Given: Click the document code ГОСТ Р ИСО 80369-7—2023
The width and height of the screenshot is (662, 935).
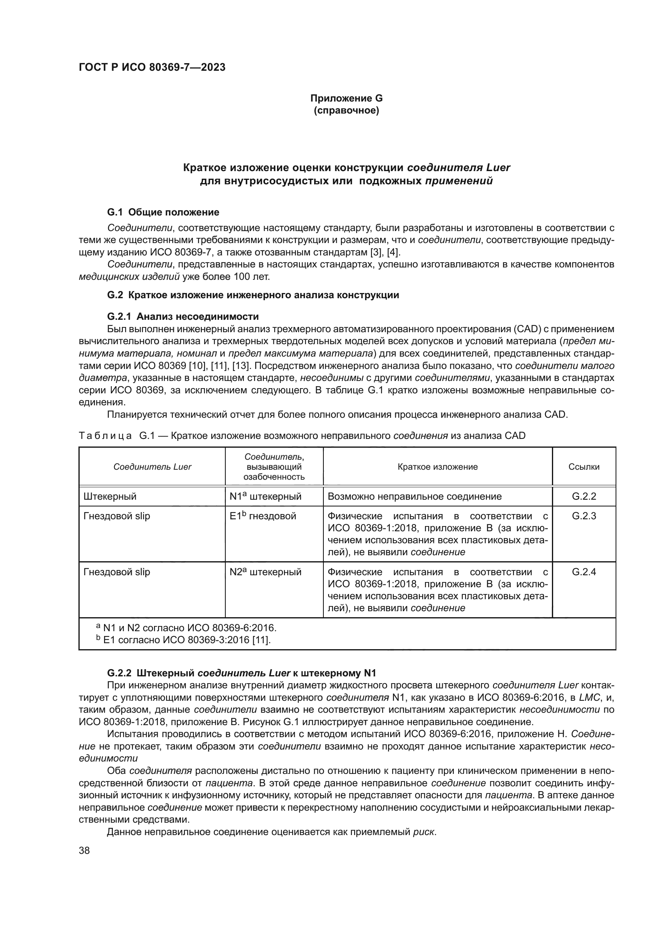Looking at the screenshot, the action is [152, 68].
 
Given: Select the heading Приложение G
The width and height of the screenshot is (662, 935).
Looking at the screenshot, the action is [346, 98].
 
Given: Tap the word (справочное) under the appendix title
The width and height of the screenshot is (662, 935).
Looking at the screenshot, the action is [346, 110].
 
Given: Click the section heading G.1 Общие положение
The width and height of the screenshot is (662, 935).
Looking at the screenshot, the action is [163, 212].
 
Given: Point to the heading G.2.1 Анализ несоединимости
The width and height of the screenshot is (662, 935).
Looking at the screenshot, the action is [183, 317].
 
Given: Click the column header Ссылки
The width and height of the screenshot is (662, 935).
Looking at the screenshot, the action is [584, 467].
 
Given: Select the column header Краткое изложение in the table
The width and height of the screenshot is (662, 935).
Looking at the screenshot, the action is [437, 467].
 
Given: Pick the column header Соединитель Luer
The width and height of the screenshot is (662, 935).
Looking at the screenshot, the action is [152, 467].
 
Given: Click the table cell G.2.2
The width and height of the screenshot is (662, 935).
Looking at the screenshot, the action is [584, 496].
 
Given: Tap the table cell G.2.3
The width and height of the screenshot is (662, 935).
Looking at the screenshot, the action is [584, 516].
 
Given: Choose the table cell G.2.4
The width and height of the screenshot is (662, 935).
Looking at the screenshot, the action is [584, 572].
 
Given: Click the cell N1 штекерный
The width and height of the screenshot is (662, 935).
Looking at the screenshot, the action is [265, 496].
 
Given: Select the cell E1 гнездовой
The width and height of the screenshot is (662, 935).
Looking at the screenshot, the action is [263, 516].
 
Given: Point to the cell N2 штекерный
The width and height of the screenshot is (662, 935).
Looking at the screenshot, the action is [265, 572].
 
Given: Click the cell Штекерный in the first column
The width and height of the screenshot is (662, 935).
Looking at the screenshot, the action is [110, 496].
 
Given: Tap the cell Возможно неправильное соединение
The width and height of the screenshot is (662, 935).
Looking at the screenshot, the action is [414, 496].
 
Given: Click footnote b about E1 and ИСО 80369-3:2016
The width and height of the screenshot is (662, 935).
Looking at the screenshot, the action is [183, 640].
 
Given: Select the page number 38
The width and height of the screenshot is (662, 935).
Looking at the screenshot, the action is [84, 851].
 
